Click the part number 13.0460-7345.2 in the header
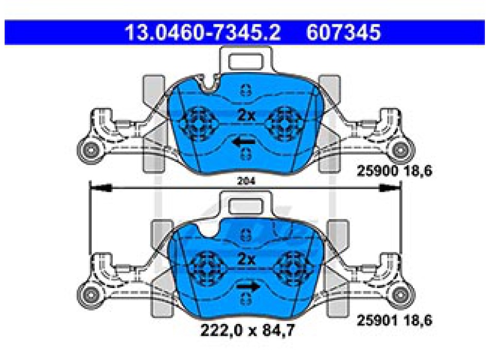tap(203, 32)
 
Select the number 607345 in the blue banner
tap(343, 32)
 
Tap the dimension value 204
tap(246, 181)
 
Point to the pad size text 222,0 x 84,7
tap(247, 330)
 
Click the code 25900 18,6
tap(394, 171)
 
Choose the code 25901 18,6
tap(394, 320)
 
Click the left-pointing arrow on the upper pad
tap(243, 142)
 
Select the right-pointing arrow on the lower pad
tap(248, 286)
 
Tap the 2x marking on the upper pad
tap(246, 115)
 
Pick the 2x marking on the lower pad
tap(246, 259)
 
